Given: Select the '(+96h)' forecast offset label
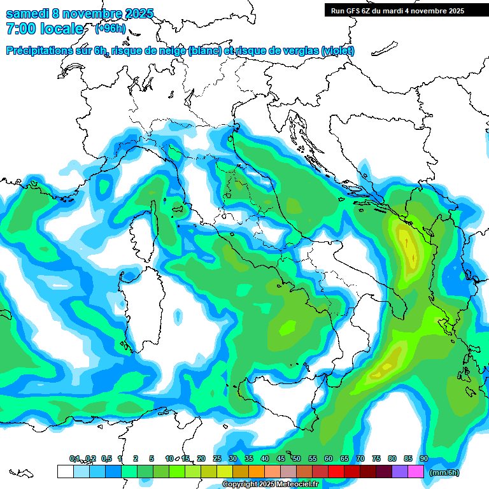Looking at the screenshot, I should point(110,29).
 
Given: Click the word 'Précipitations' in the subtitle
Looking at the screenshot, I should point(46,51).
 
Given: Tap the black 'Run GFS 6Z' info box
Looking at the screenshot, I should point(397,11).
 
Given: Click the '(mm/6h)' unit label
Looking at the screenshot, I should point(444,472).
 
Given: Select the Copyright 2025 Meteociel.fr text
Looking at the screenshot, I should point(274,485).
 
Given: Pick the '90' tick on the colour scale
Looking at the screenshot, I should point(423,458).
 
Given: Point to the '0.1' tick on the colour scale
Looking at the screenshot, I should point(74,458).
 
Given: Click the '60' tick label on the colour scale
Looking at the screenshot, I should point(329,458).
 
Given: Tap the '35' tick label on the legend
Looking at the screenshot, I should point(249,458).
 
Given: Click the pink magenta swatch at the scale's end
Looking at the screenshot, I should point(416,471).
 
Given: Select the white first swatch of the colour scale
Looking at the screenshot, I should point(65,471).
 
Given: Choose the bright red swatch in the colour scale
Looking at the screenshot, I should point(336,471).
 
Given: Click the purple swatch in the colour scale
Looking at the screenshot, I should point(400,471).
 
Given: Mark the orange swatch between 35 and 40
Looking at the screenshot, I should point(257,471).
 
